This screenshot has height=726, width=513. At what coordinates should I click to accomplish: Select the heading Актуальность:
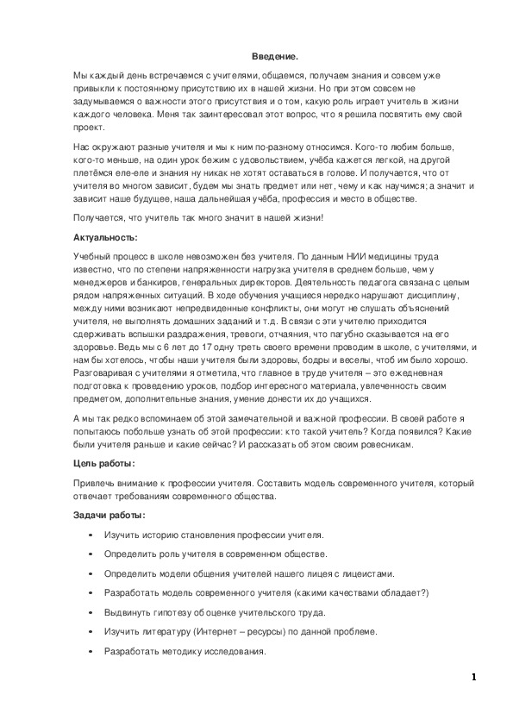pos(104,236)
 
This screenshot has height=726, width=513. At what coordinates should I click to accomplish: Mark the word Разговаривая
pos(104,374)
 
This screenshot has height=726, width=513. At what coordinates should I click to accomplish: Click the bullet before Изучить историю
pos(91,535)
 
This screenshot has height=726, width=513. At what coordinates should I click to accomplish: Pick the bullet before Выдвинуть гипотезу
pos(91,612)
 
